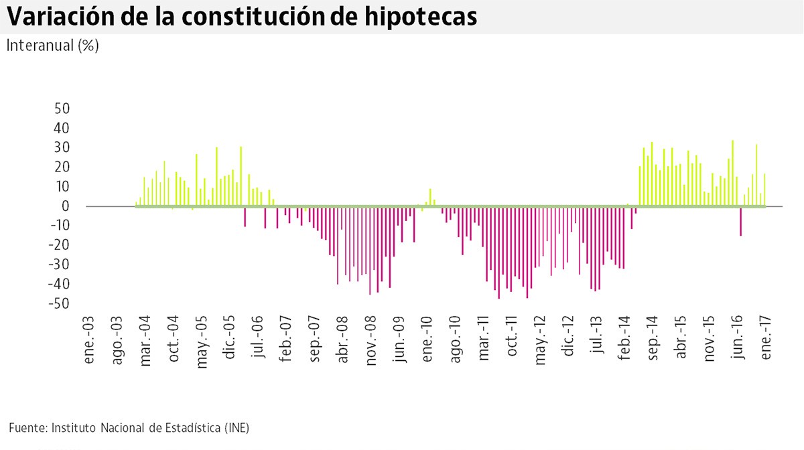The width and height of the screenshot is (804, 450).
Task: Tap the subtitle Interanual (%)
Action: coord(52,46)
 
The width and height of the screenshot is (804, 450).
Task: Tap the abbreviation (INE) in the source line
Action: coord(237,427)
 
